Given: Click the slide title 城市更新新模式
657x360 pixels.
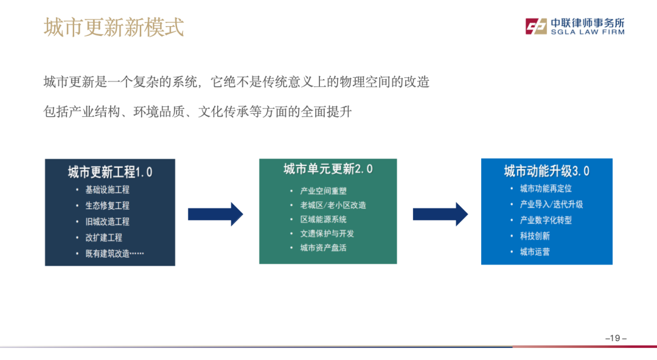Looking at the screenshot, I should (114, 27).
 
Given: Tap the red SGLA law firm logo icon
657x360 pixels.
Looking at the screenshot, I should (537, 26).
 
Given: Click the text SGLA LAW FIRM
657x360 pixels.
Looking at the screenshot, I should (587, 32).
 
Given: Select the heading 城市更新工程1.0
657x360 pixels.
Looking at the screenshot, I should (110, 172).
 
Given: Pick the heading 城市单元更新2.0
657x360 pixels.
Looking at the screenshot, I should (328, 169).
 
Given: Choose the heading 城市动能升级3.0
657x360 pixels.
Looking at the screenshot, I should (546, 171).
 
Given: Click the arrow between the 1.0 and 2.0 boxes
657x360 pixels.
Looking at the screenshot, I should (215, 214).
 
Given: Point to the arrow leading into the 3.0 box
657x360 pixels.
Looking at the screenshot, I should (440, 214).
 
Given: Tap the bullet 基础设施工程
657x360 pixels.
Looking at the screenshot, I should (107, 190).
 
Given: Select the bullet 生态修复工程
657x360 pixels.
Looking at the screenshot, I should (107, 206).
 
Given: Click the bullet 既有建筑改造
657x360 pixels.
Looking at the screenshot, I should (114, 254).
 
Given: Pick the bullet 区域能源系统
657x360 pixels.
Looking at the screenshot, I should (323, 220).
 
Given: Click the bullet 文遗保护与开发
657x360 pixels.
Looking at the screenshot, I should (327, 234).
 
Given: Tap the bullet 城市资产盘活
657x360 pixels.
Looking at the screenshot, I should (323, 247).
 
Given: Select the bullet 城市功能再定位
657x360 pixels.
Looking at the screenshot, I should (546, 189).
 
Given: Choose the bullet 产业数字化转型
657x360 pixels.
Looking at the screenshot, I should (546, 220).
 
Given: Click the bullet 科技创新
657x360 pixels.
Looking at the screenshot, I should (535, 236).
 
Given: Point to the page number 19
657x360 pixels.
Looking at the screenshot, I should (616, 338).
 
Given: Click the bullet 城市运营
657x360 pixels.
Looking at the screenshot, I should (535, 252).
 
